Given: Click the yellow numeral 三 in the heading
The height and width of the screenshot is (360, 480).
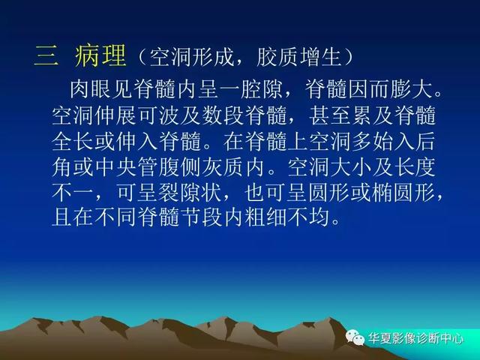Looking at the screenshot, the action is (x=46, y=55).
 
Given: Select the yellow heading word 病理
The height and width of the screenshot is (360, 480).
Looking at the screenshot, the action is (x=100, y=55).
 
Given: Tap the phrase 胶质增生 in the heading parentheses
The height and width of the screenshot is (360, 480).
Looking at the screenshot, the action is (x=298, y=57).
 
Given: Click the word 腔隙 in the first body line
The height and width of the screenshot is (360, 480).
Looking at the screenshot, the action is (x=262, y=89).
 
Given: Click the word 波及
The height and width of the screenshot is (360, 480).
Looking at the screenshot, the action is (x=179, y=115).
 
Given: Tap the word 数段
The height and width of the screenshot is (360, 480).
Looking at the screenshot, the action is (x=222, y=115).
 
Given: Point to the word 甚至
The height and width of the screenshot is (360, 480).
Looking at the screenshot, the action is (x=329, y=115).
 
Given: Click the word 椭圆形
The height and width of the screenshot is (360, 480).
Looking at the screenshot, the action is (x=403, y=193).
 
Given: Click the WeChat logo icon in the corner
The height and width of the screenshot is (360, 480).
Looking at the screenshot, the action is (x=355, y=337).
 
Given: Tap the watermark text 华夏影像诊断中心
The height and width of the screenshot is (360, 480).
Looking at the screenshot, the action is (x=415, y=338).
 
